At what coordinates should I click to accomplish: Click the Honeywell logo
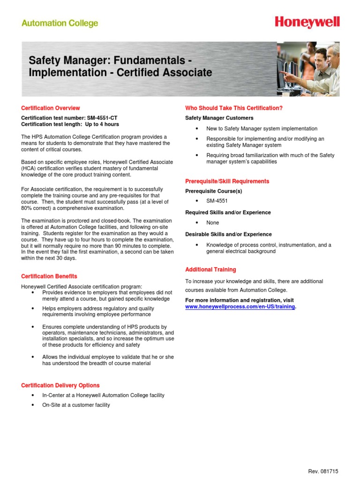(307, 22)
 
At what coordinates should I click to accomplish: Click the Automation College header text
(60, 23)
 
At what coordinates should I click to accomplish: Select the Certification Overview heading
(51, 108)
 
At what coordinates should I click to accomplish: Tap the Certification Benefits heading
(49, 276)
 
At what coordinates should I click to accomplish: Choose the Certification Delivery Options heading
(60, 385)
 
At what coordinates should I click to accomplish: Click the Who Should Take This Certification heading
(234, 108)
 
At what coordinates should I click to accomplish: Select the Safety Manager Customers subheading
(219, 118)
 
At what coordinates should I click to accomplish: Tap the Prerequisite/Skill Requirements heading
(227, 181)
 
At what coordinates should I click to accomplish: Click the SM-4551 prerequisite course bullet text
(217, 201)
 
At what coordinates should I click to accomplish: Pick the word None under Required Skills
(213, 223)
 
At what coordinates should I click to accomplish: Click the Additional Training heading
(210, 270)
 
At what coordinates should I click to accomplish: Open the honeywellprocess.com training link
(240, 307)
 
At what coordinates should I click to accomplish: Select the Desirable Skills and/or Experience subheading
(228, 234)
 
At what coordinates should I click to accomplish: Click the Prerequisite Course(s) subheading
(214, 191)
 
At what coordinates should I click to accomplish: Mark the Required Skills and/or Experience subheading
(228, 212)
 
